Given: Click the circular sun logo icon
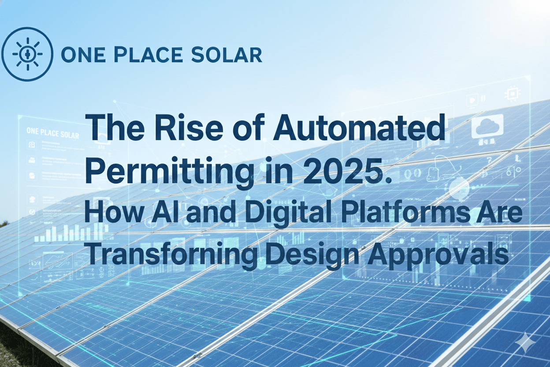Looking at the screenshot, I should tap(27, 54).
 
